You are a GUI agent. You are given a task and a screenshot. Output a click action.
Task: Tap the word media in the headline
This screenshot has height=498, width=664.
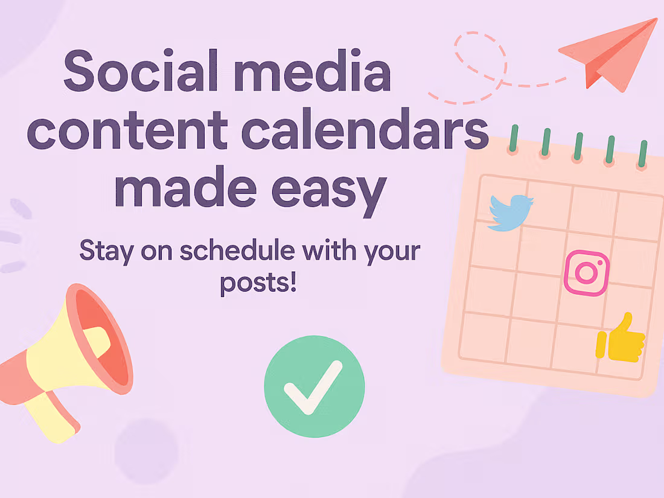(313, 70)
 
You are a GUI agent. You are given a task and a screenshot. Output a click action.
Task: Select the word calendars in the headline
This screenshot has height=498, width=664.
(365, 129)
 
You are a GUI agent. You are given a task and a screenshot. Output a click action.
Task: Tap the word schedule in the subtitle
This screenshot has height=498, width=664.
(237, 250)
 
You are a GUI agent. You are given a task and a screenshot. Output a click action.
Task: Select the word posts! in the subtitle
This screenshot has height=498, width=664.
(258, 283)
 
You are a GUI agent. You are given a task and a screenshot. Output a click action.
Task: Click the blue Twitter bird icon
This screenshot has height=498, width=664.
(509, 213)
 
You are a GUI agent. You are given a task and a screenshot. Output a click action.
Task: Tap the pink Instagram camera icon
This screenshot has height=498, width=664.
(587, 273)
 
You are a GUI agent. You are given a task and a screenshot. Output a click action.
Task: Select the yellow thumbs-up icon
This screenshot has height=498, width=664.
(620, 339)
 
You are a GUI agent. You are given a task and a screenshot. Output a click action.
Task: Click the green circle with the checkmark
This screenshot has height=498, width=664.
(314, 386)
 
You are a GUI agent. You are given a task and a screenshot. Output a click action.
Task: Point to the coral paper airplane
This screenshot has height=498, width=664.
(610, 55)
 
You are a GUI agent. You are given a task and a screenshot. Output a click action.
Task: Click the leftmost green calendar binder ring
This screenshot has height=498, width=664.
(514, 139)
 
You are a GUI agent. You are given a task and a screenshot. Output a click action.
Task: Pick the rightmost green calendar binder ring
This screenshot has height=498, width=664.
(643, 154)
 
